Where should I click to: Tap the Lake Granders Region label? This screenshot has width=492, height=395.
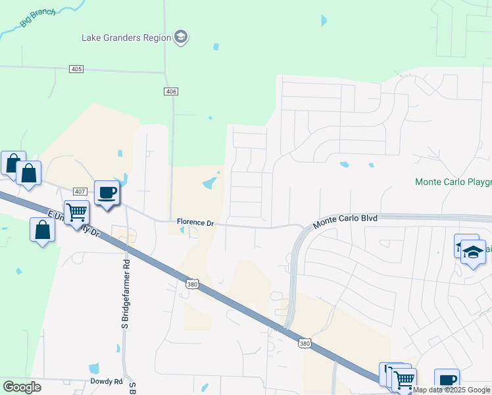[126, 38]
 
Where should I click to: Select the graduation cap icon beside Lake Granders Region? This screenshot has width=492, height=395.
[181, 37]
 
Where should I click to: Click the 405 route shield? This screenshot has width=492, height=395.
[77, 69]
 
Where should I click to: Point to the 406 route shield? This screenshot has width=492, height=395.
[171, 92]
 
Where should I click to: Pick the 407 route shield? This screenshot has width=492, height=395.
[80, 192]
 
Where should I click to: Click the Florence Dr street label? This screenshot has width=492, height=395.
[195, 223]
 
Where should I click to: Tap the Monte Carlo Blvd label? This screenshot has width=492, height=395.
[345, 221]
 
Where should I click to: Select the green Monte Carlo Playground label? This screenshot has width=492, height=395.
[453, 182]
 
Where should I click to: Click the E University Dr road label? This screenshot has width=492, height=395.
[74, 224]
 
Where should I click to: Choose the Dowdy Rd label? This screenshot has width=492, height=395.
[107, 381]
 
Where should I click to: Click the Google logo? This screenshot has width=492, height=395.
[22, 387]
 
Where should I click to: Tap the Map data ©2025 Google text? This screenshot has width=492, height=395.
[452, 390]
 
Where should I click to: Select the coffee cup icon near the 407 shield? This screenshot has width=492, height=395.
[107, 192]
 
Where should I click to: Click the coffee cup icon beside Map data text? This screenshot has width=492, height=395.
[447, 380]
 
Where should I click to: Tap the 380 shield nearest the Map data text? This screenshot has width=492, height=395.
[304, 344]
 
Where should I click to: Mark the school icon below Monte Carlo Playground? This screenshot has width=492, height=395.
[473, 251]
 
